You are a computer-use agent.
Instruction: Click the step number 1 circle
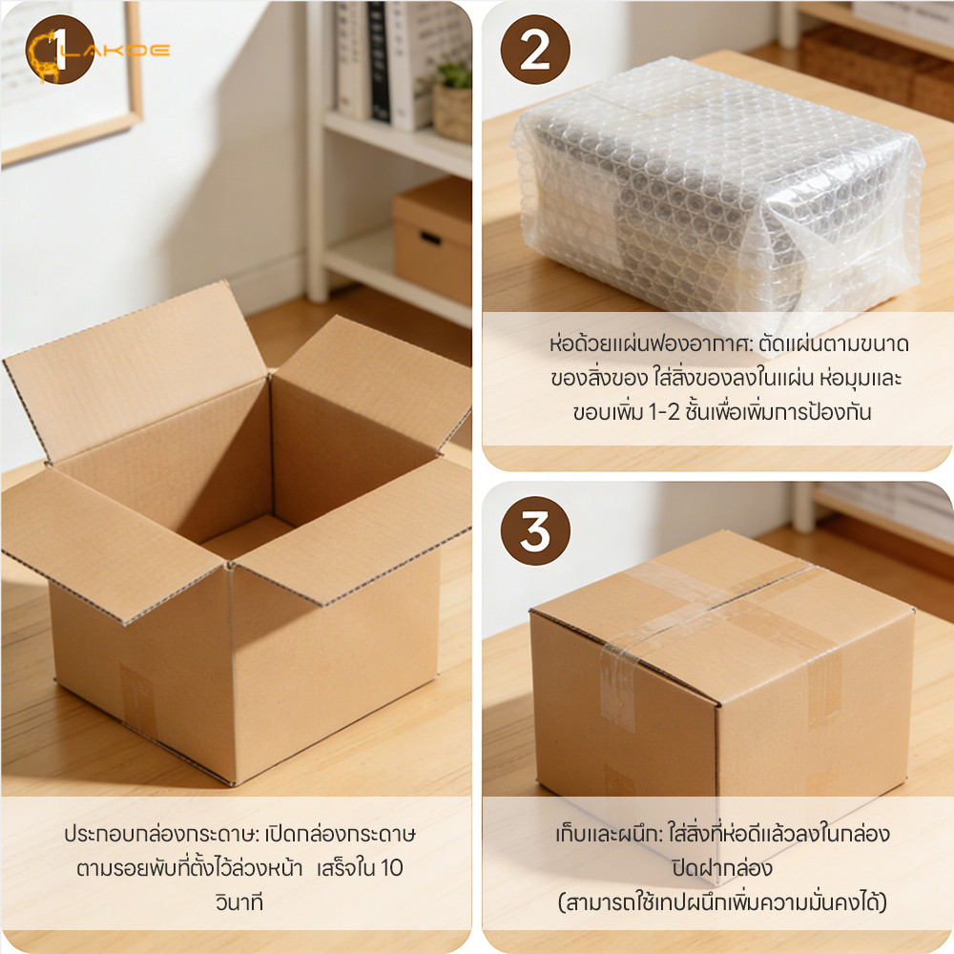[59, 50]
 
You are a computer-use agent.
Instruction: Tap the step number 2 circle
[535, 50]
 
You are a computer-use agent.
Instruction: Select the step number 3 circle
[535, 530]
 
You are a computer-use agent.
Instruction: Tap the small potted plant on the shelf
[453, 100]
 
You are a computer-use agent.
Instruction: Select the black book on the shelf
[379, 61]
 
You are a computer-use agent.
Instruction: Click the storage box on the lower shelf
[432, 240]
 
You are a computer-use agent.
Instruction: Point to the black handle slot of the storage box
[430, 238]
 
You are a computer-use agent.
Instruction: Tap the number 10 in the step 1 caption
[392, 868]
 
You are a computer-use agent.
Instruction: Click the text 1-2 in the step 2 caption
[664, 412]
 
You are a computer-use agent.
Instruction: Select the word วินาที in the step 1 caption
[239, 902]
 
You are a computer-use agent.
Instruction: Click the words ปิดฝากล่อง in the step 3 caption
[721, 868]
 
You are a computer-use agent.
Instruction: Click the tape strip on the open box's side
[137, 699]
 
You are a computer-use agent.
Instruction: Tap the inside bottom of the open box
[248, 536]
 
